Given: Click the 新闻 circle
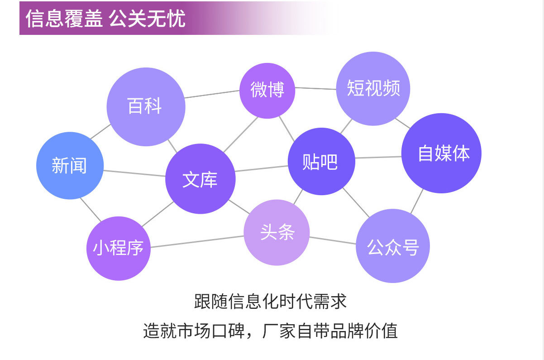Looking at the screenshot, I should pyautogui.click(x=70, y=166).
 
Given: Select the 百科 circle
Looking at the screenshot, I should pyautogui.click(x=146, y=107).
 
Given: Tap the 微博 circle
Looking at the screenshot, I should pyautogui.click(x=267, y=91).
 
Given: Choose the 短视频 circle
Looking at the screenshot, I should pyautogui.click(x=373, y=88).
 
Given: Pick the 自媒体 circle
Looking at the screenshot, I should pyautogui.click(x=442, y=153).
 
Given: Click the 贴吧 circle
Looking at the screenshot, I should pyautogui.click(x=321, y=162).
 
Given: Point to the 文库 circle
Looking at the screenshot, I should pyautogui.click(x=200, y=179).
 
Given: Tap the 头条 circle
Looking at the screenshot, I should pyautogui.click(x=277, y=233).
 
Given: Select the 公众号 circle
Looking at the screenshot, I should pyautogui.click(x=392, y=246).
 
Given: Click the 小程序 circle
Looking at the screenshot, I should pyautogui.click(x=118, y=248).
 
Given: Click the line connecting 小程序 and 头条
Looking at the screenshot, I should pyautogui.click(x=197, y=241).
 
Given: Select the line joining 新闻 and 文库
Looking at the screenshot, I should pyautogui.click(x=134, y=173).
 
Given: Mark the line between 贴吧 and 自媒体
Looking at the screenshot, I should pyautogui.click(x=378, y=158).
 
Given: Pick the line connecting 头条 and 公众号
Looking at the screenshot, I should pyautogui.click(x=333, y=240).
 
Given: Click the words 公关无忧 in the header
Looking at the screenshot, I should pyautogui.click(x=148, y=19).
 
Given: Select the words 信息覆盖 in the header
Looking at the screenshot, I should pyautogui.click(x=64, y=19).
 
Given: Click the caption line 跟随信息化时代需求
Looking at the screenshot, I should pyautogui.click(x=270, y=302).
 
